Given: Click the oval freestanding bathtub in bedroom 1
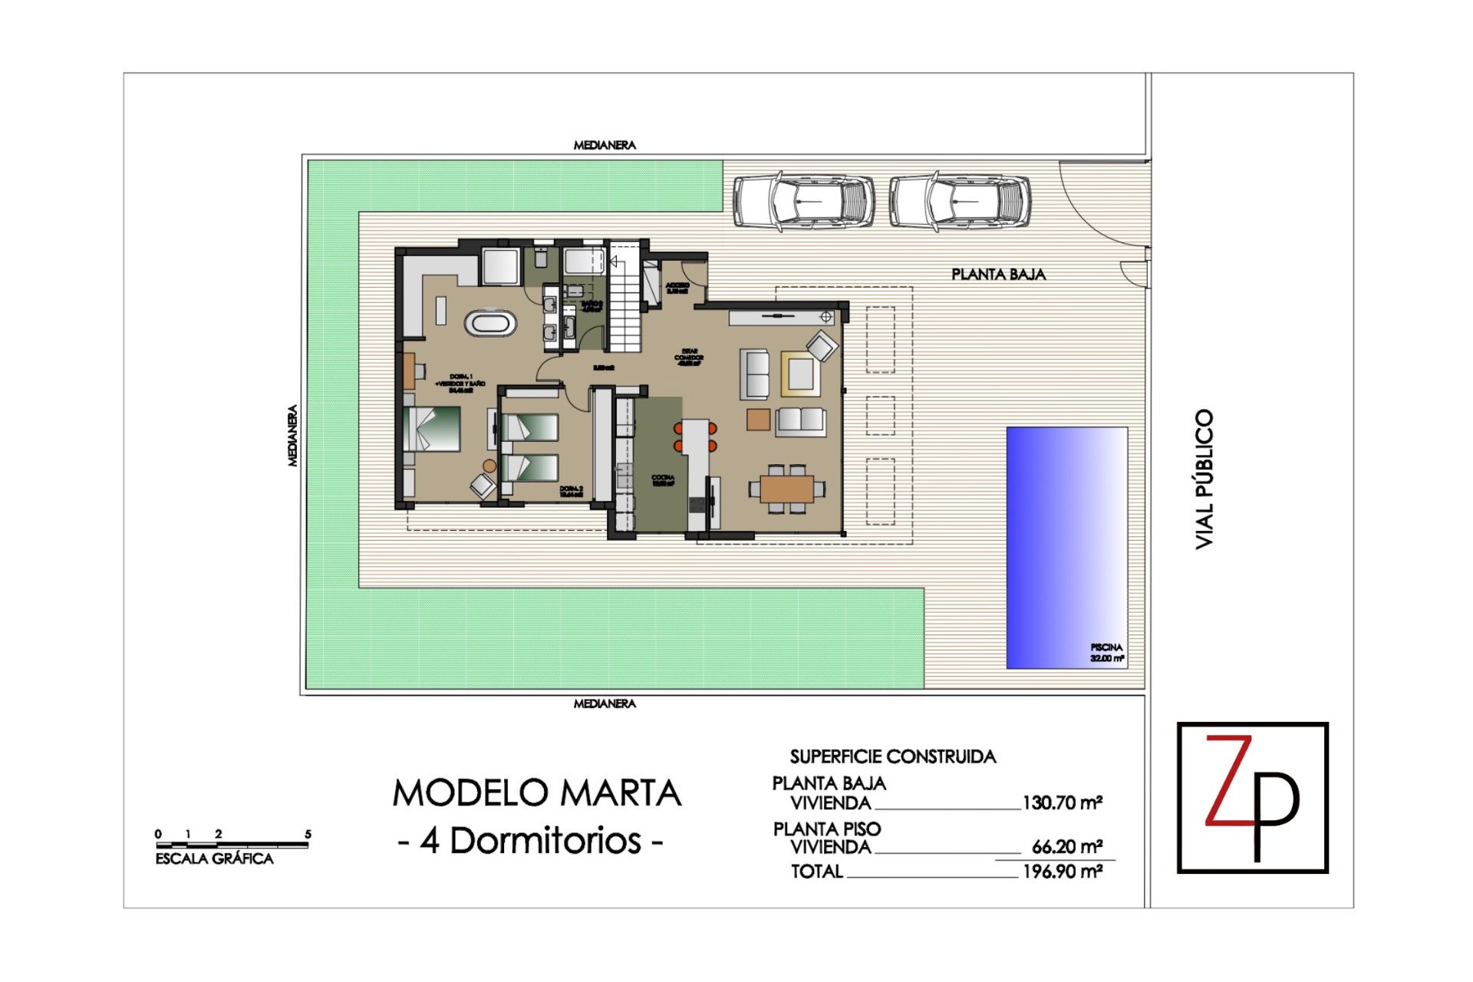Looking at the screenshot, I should (489, 322).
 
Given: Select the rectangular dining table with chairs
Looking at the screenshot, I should (787, 489).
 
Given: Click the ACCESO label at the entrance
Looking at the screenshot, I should (677, 288).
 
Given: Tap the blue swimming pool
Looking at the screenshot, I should (1066, 547).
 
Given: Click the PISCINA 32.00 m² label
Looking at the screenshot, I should (1106, 653).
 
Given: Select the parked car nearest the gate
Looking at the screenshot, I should (960, 202).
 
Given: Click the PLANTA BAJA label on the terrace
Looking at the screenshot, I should (998, 275).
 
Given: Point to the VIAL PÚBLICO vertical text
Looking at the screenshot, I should (1204, 479).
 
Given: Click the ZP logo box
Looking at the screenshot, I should (1252, 797).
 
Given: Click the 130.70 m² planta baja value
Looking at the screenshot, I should (1062, 803).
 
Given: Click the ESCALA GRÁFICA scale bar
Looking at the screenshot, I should (232, 845).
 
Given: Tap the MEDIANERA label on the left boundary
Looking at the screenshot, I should (292, 435).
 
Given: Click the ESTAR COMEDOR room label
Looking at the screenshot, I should (688, 357).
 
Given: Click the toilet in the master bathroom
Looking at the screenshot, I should (541, 257).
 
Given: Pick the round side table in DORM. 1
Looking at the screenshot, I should (489, 465).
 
